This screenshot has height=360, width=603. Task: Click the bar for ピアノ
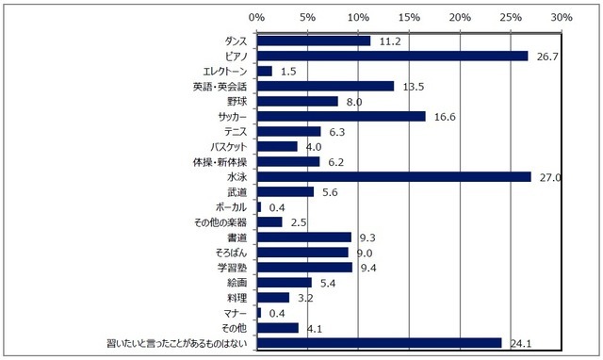pos(392,56)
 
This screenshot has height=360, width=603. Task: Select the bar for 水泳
pos(394,176)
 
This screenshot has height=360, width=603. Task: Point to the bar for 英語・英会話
pos(325,86)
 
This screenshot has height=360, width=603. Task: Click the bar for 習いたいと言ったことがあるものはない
pos(379,342)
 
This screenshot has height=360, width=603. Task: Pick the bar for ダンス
pos(314,41)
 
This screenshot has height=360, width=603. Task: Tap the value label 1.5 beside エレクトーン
pos(289,71)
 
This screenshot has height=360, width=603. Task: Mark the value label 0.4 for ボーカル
pos(278,206)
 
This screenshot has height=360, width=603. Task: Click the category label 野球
pos(237,101)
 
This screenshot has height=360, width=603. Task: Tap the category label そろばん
pos(229,253)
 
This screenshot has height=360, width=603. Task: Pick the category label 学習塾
pos(232,268)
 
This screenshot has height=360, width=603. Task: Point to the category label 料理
pos(237,297)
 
